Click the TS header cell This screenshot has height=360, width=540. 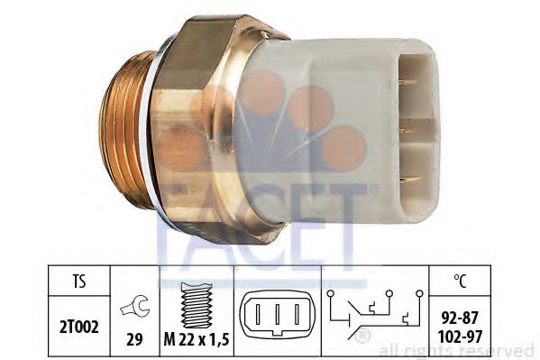pos(78,281)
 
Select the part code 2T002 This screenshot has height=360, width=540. pos(78,327)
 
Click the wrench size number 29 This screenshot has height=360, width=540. pos(134,339)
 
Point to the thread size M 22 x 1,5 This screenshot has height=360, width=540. pos(197,340)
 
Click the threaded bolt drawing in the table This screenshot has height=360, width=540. pos(197,305)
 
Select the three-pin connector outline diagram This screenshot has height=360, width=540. pos(278,313)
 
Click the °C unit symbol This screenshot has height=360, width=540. pos(460,281)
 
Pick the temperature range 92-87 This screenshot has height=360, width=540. pos(460,318)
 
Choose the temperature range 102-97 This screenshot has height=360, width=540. pos(460,337)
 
